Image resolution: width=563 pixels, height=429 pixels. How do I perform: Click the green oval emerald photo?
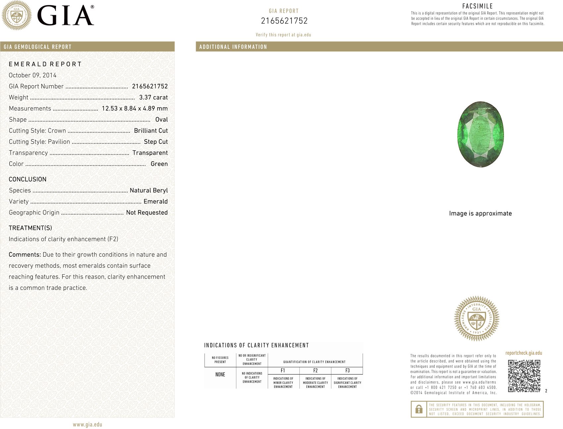click(x=480, y=134)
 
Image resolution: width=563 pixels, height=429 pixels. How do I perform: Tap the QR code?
click(x=524, y=376)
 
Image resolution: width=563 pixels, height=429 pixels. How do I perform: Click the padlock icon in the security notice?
click(x=419, y=409)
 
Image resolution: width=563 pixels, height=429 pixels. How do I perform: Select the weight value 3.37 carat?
click(x=153, y=97)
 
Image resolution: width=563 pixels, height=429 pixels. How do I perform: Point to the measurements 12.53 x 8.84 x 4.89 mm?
click(x=134, y=109)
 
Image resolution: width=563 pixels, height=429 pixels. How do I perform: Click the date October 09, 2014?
click(x=32, y=75)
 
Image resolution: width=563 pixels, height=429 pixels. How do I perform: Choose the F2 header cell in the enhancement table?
click(x=315, y=371)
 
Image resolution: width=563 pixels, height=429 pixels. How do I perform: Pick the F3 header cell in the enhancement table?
click(x=347, y=371)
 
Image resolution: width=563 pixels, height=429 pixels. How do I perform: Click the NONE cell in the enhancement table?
click(x=220, y=375)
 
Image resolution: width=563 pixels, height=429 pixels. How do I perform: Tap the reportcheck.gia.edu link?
click(x=524, y=353)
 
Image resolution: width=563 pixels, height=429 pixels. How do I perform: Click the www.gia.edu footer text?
click(x=87, y=425)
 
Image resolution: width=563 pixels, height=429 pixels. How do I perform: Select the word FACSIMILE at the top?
click(x=478, y=6)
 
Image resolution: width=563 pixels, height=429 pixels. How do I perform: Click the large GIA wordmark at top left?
click(x=66, y=16)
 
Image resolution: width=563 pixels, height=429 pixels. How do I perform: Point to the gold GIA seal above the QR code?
click(x=477, y=319)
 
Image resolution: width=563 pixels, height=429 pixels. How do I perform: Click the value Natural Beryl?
click(x=149, y=190)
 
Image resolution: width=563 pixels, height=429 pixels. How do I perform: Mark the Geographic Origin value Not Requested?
click(x=147, y=213)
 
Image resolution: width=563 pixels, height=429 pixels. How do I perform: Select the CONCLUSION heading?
click(x=27, y=179)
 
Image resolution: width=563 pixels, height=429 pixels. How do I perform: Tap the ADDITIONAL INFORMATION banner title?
click(x=233, y=47)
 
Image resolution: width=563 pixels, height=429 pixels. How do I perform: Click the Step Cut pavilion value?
click(x=156, y=142)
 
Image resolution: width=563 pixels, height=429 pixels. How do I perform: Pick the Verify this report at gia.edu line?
click(x=283, y=35)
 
